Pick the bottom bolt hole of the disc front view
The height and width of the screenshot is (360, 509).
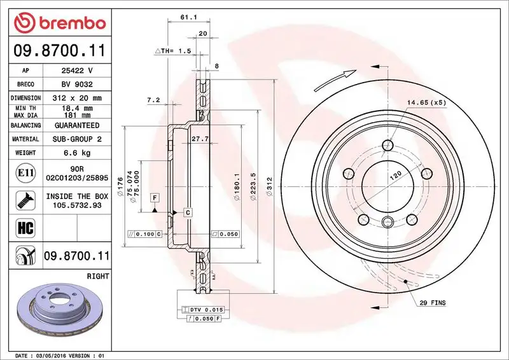pos(387,221)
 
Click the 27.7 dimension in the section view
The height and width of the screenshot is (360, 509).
pos(200,139)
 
